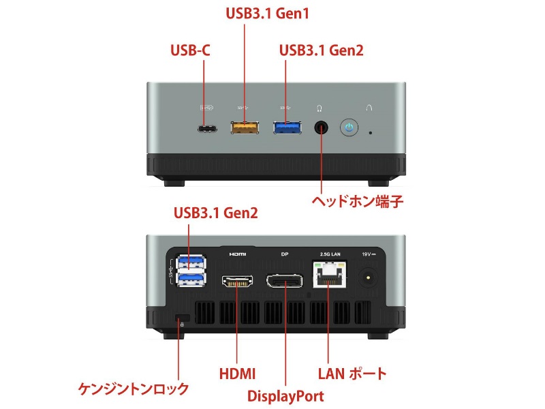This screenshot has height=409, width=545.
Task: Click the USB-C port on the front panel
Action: (207, 130)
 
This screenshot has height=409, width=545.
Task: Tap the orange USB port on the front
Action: (245, 127)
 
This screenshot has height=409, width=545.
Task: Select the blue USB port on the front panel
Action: (287, 127)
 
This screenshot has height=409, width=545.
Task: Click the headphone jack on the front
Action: (321, 127)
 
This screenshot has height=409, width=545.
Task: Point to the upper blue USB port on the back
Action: (191, 262)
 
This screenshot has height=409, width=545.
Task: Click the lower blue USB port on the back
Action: (191, 279)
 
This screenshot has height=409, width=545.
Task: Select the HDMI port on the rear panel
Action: (237, 281)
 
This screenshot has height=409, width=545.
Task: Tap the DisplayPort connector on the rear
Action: (284, 281)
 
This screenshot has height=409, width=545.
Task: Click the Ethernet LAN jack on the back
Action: (330, 275)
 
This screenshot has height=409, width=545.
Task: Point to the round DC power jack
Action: (368, 277)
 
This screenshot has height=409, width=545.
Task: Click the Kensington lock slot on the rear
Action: (183, 318)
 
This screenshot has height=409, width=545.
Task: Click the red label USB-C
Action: (191, 50)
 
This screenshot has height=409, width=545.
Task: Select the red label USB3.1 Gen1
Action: (267, 14)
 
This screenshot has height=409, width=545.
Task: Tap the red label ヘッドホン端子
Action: (357, 201)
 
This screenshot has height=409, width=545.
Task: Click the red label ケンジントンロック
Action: (134, 388)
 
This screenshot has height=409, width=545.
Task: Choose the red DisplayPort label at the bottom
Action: (285, 396)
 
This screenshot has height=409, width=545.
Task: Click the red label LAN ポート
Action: (352, 374)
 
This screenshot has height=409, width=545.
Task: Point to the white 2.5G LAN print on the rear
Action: (330, 254)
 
